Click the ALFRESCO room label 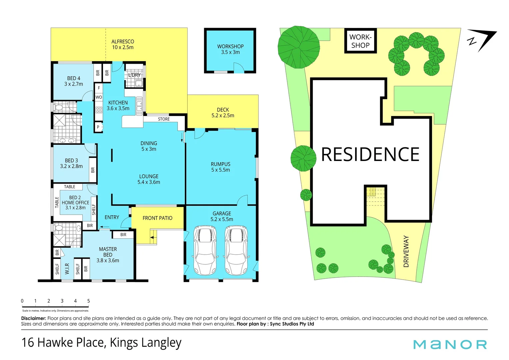coord(123,42)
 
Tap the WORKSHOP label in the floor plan coord(231,46)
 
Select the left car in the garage coord(205,250)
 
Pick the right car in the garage coord(236,250)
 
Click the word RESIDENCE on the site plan coord(370,154)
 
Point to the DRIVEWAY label coord(406,251)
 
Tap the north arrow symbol coord(482,40)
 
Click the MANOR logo coord(450,345)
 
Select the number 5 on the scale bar coord(89,301)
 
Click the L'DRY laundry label coord(135,75)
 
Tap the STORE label coord(164,119)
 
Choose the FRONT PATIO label coord(158,218)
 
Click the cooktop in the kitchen coord(99,110)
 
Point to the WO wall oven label coord(99,97)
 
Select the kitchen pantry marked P coord(98,127)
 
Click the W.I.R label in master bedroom coord(67,269)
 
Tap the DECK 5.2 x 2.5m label coord(223,113)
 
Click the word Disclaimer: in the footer coord(34,318)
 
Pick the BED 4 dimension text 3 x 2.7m coord(74,84)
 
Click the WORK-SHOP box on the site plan coord(360,41)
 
